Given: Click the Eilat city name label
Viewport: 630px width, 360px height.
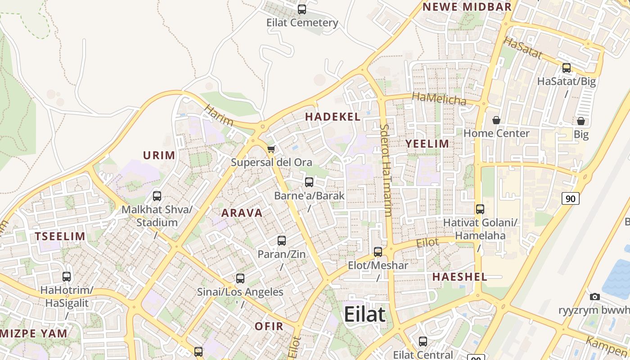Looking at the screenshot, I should [x=364, y=314].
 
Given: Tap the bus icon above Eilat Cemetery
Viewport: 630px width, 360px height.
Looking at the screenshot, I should [x=302, y=9].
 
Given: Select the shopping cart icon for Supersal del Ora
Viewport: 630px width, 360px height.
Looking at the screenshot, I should [x=271, y=149].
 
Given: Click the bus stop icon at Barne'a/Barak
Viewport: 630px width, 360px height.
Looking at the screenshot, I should [x=309, y=182].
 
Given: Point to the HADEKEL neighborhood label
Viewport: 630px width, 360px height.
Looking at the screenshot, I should [x=333, y=117].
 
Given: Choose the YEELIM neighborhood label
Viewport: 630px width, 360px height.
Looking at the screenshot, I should [x=427, y=144].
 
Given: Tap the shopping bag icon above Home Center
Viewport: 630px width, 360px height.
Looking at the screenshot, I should [x=496, y=120].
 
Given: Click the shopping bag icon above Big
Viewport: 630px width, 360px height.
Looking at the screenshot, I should [x=581, y=121].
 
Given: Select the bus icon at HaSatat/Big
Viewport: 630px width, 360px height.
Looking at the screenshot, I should [x=567, y=68].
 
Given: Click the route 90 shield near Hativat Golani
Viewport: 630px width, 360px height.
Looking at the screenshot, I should [x=571, y=198].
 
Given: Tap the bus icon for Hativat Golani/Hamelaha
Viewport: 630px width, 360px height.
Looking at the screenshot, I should [x=480, y=209].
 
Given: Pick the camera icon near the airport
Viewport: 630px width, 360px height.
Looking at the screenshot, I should [x=595, y=297].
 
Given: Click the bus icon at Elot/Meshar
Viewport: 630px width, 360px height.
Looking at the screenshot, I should [x=378, y=252].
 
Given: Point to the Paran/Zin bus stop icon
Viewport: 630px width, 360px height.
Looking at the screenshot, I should [x=282, y=241].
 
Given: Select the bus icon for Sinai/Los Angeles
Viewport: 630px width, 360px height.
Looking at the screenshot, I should [x=240, y=279].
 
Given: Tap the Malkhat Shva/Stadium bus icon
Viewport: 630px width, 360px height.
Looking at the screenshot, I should [x=157, y=196].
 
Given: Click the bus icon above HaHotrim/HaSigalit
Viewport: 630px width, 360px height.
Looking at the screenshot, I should [x=67, y=277].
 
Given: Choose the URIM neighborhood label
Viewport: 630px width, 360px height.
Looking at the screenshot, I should [x=159, y=156].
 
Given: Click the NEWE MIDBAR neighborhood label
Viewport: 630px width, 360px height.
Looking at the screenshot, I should [x=467, y=7].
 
